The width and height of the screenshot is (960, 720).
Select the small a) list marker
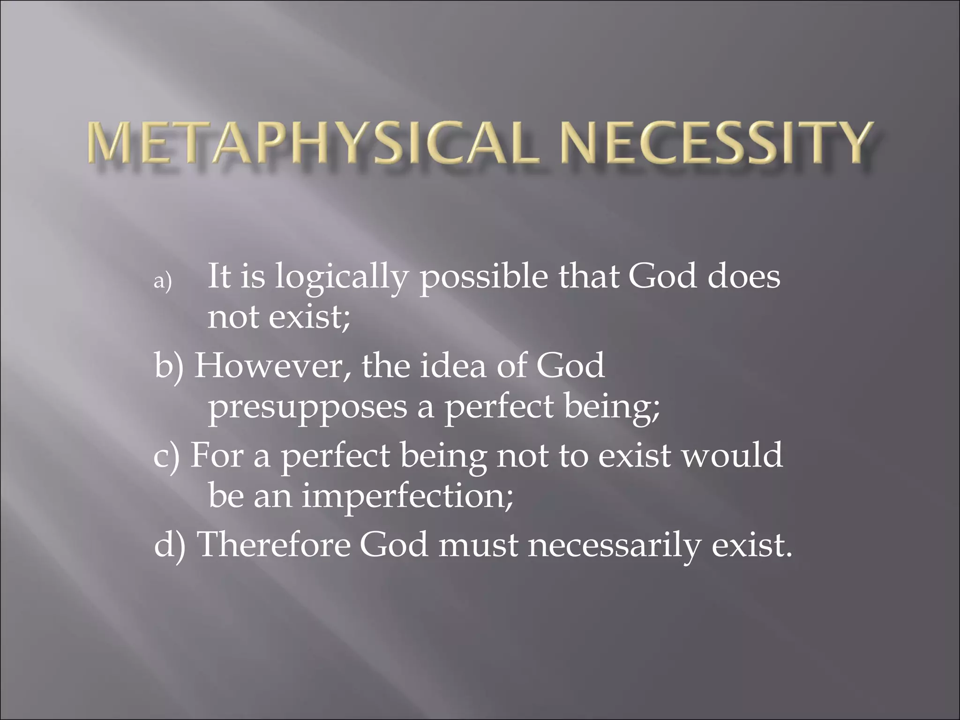click(163, 281)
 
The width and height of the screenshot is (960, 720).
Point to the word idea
click(453, 366)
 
